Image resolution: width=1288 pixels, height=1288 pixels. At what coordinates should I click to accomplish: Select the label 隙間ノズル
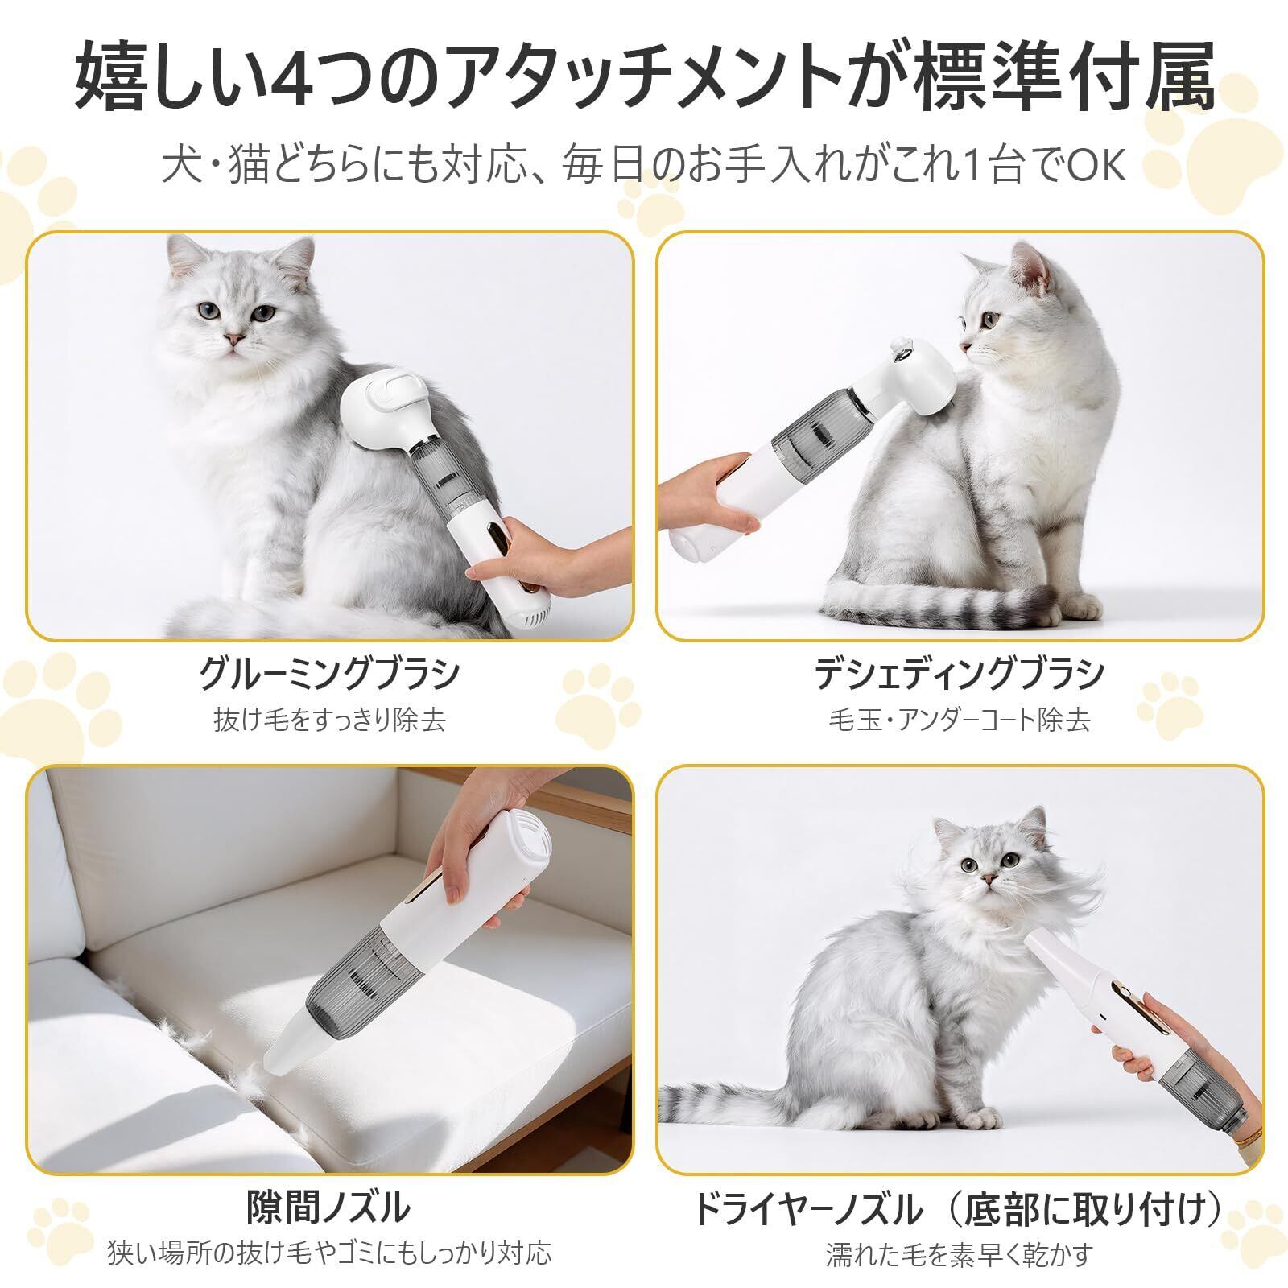329,1207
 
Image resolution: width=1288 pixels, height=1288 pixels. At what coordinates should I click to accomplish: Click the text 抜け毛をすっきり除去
329,719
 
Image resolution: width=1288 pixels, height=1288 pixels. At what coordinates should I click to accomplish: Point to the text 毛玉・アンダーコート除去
960,719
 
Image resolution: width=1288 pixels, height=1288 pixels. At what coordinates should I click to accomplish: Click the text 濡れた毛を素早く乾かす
960,1253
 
